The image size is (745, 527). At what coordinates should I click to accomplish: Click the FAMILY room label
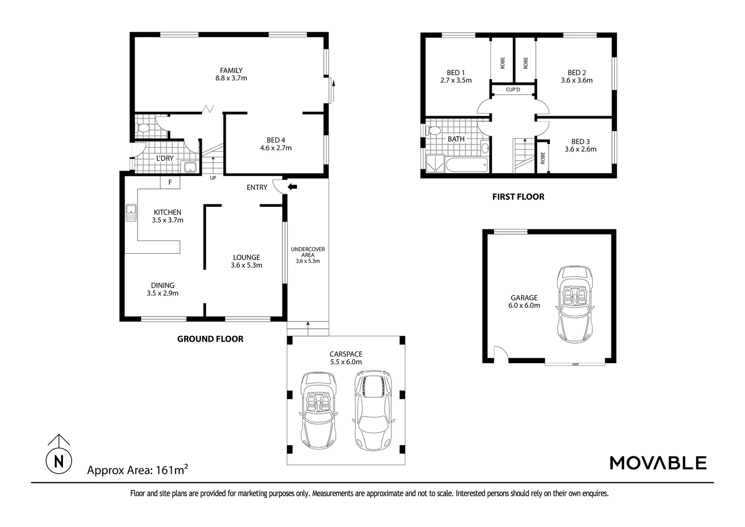(231, 70)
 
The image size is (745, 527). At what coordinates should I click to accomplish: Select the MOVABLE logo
(658, 463)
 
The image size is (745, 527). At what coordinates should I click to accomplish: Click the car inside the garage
(576, 304)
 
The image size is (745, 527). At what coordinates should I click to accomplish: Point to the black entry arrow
(293, 186)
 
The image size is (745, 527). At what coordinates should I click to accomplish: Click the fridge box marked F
(170, 182)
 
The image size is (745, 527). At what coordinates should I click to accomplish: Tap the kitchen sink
(131, 213)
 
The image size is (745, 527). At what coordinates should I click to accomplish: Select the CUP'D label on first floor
(513, 90)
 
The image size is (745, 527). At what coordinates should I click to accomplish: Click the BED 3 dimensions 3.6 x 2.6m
(580, 149)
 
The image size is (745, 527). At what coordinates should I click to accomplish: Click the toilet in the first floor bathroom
(433, 130)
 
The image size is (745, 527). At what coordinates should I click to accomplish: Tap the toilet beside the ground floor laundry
(143, 128)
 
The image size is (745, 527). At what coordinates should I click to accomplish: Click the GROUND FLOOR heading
(210, 339)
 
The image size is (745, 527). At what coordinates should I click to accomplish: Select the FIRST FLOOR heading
(518, 197)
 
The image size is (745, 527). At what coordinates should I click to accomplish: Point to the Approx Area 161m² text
(137, 470)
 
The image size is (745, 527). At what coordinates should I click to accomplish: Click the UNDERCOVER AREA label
(308, 252)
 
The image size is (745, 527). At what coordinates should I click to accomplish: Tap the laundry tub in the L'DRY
(189, 168)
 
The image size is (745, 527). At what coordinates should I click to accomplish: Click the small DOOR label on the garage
(575, 365)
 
